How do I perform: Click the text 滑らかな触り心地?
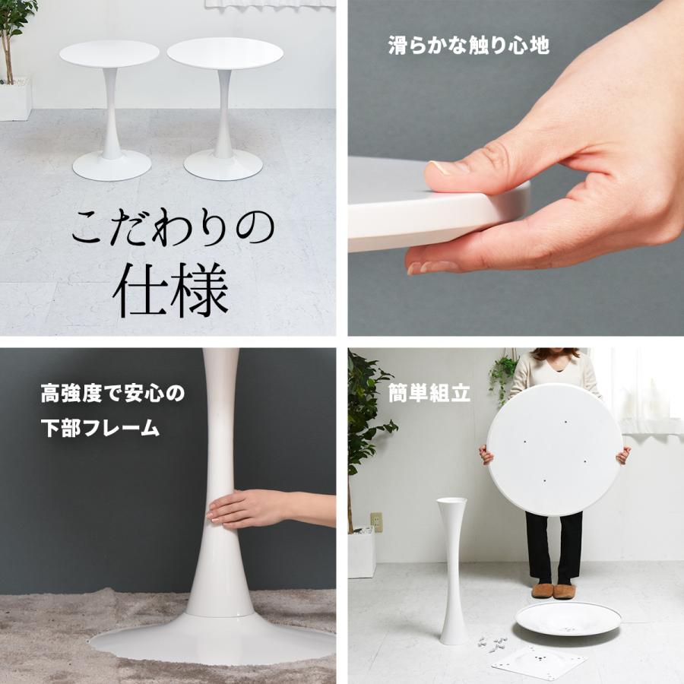[x=468, y=46]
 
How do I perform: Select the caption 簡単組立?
[x=429, y=394]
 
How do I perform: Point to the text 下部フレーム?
[x=100, y=428]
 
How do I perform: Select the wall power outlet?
[x=375, y=521]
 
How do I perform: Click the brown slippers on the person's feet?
[x=553, y=591]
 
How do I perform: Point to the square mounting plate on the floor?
[x=538, y=661]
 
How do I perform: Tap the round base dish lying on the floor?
[x=568, y=618]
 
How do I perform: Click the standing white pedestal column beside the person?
[x=453, y=570]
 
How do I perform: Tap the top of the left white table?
[x=109, y=53]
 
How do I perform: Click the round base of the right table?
[x=223, y=163]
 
